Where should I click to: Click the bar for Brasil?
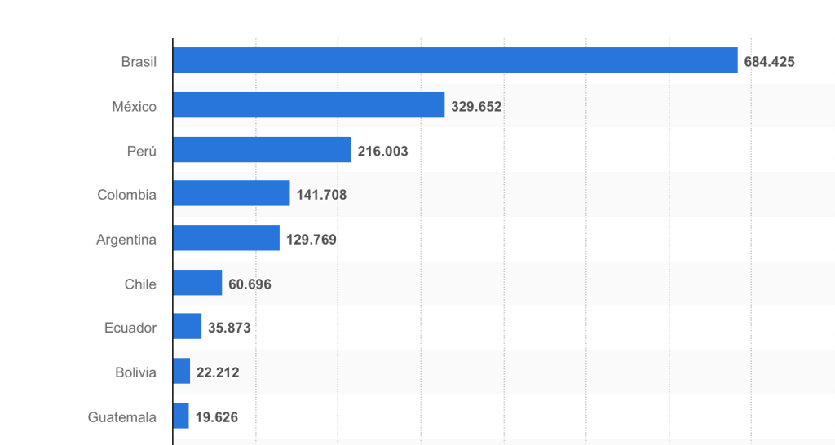click(455, 60)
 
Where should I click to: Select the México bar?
click(309, 105)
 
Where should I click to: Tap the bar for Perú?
click(262, 150)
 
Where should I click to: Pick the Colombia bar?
click(232, 194)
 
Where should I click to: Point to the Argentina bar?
click(227, 239)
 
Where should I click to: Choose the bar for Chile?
click(198, 283)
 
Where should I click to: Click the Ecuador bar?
click(188, 327)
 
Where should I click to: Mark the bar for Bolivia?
click(182, 372)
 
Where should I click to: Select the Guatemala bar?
click(181, 416)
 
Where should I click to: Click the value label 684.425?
click(769, 61)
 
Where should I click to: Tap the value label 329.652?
click(476, 106)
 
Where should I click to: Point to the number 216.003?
click(382, 151)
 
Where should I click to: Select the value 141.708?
click(321, 195)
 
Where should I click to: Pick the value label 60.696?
click(250, 284)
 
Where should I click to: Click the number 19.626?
click(217, 416)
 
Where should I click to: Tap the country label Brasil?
click(139, 61)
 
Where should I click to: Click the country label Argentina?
click(126, 240)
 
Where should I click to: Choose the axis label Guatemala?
click(122, 416)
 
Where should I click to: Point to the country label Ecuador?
click(130, 328)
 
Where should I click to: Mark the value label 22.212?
click(218, 372)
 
